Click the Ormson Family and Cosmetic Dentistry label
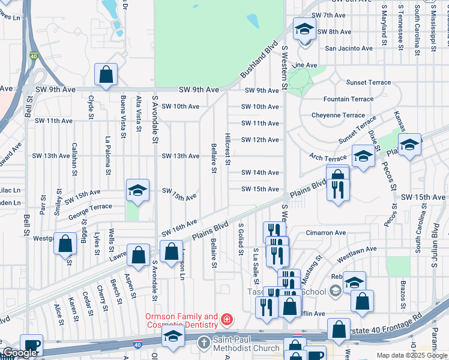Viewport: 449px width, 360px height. (x=181, y=320)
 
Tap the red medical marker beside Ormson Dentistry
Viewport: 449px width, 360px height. (x=227, y=319)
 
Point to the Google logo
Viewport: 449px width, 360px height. (x=20, y=353)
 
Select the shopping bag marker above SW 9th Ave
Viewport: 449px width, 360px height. (x=106, y=76)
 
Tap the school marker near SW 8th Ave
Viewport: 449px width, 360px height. (x=304, y=28)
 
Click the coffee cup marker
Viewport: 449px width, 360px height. (x=31, y=346)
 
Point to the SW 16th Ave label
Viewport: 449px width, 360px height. (x=179, y=227)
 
